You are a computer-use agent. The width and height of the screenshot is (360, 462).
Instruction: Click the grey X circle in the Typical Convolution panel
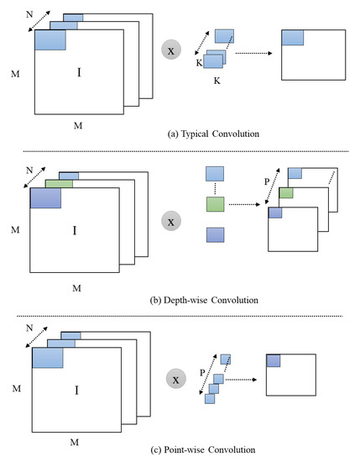pyautogui.click(x=170, y=52)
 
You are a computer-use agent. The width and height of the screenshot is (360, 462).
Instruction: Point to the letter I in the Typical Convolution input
pyautogui.click(x=79, y=73)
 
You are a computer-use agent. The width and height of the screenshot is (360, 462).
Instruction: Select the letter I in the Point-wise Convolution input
pyautogui.click(x=76, y=390)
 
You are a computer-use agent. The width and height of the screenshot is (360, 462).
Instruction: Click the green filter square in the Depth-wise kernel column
pyautogui.click(x=215, y=204)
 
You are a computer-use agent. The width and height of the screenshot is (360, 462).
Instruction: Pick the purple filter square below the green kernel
pyautogui.click(x=215, y=234)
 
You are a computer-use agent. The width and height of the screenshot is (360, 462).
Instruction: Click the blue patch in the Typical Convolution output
pyautogui.click(x=292, y=36)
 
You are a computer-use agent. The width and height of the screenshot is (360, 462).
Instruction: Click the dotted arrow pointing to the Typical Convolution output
pyautogui.click(x=256, y=54)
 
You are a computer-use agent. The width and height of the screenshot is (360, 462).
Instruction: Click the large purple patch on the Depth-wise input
pyautogui.click(x=45, y=197)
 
